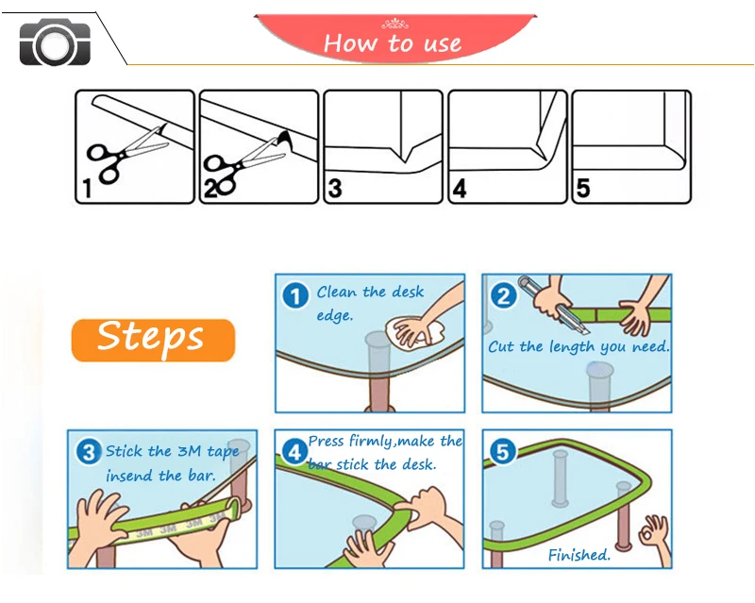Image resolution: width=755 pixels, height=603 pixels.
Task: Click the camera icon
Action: [55, 42]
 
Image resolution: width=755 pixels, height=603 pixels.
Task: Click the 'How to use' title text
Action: [393, 43]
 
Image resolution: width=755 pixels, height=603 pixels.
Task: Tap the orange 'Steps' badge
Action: [153, 340]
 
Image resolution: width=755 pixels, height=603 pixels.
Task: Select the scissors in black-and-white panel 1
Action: [126, 154]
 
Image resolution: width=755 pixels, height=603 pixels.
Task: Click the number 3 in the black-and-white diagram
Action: [335, 189]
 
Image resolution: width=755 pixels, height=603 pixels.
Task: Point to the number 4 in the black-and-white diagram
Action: [460, 189]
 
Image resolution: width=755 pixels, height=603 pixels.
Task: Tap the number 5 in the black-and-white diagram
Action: [583, 189]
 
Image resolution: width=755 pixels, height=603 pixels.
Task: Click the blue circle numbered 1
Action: [295, 295]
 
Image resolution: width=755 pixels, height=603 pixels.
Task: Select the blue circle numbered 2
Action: [503, 295]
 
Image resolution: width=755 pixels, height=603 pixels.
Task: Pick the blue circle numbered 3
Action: [89, 452]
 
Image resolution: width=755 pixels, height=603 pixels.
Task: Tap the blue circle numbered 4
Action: [294, 452]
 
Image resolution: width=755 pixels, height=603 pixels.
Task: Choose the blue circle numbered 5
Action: [503, 452]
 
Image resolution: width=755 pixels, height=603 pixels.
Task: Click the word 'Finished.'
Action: [579, 555]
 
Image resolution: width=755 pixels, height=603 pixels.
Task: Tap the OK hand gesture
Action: [655, 536]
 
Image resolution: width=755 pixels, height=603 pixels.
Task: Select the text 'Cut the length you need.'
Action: [579, 346]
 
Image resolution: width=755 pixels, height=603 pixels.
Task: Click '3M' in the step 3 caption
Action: [189, 451]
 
